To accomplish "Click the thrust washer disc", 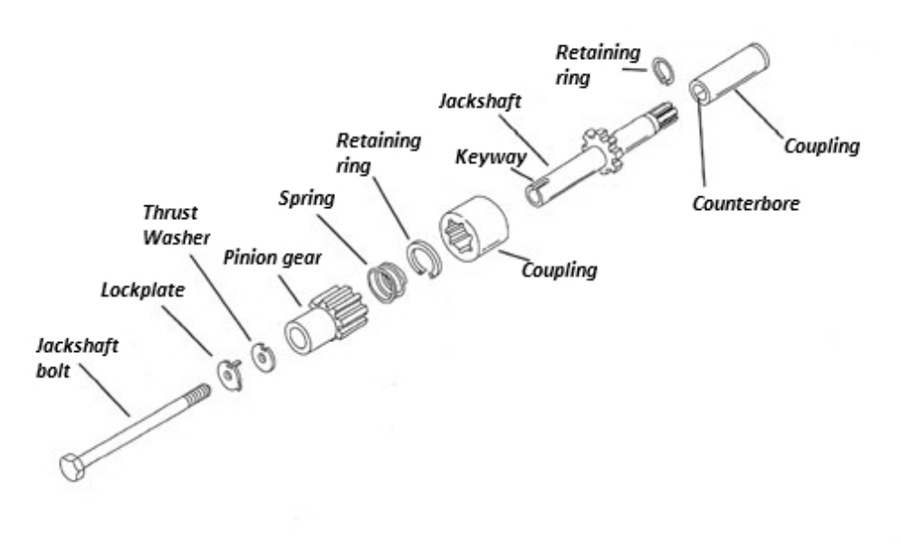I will pyautogui.click(x=262, y=356).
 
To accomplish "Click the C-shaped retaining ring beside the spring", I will pyautogui.click(x=423, y=259).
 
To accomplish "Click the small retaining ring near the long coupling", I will pyautogui.click(x=664, y=71).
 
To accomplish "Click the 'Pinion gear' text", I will pyautogui.click(x=273, y=256).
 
